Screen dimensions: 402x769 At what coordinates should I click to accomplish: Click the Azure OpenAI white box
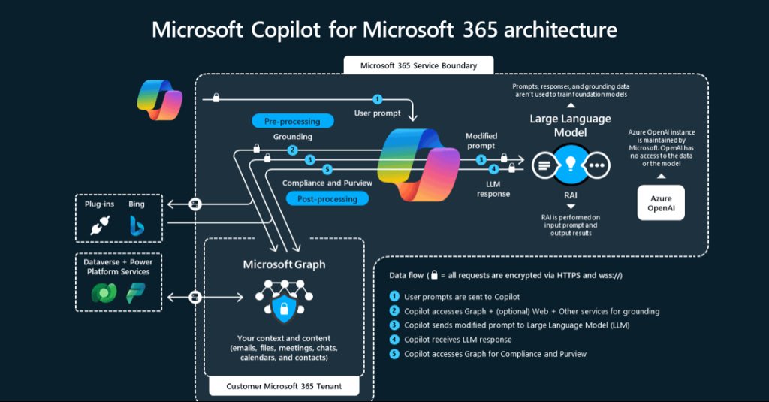662,203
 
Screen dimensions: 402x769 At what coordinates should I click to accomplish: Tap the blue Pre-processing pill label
292,121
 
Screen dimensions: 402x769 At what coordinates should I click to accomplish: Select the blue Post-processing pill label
327,198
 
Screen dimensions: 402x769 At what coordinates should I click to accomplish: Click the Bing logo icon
137,225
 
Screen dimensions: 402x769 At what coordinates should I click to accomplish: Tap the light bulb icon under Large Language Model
570,165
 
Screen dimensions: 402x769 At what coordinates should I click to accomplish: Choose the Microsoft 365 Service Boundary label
418,65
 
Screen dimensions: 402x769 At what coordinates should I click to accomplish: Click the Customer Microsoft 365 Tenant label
283,387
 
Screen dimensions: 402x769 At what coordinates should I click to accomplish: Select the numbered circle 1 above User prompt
377,99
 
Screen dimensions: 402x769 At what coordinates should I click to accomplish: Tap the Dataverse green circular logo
101,293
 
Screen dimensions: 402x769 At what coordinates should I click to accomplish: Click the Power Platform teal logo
136,293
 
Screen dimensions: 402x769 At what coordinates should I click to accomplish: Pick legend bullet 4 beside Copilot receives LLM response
394,340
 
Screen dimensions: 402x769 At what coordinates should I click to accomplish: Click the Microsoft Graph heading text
284,264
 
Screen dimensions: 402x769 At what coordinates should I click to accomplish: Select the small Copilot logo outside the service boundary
159,99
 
